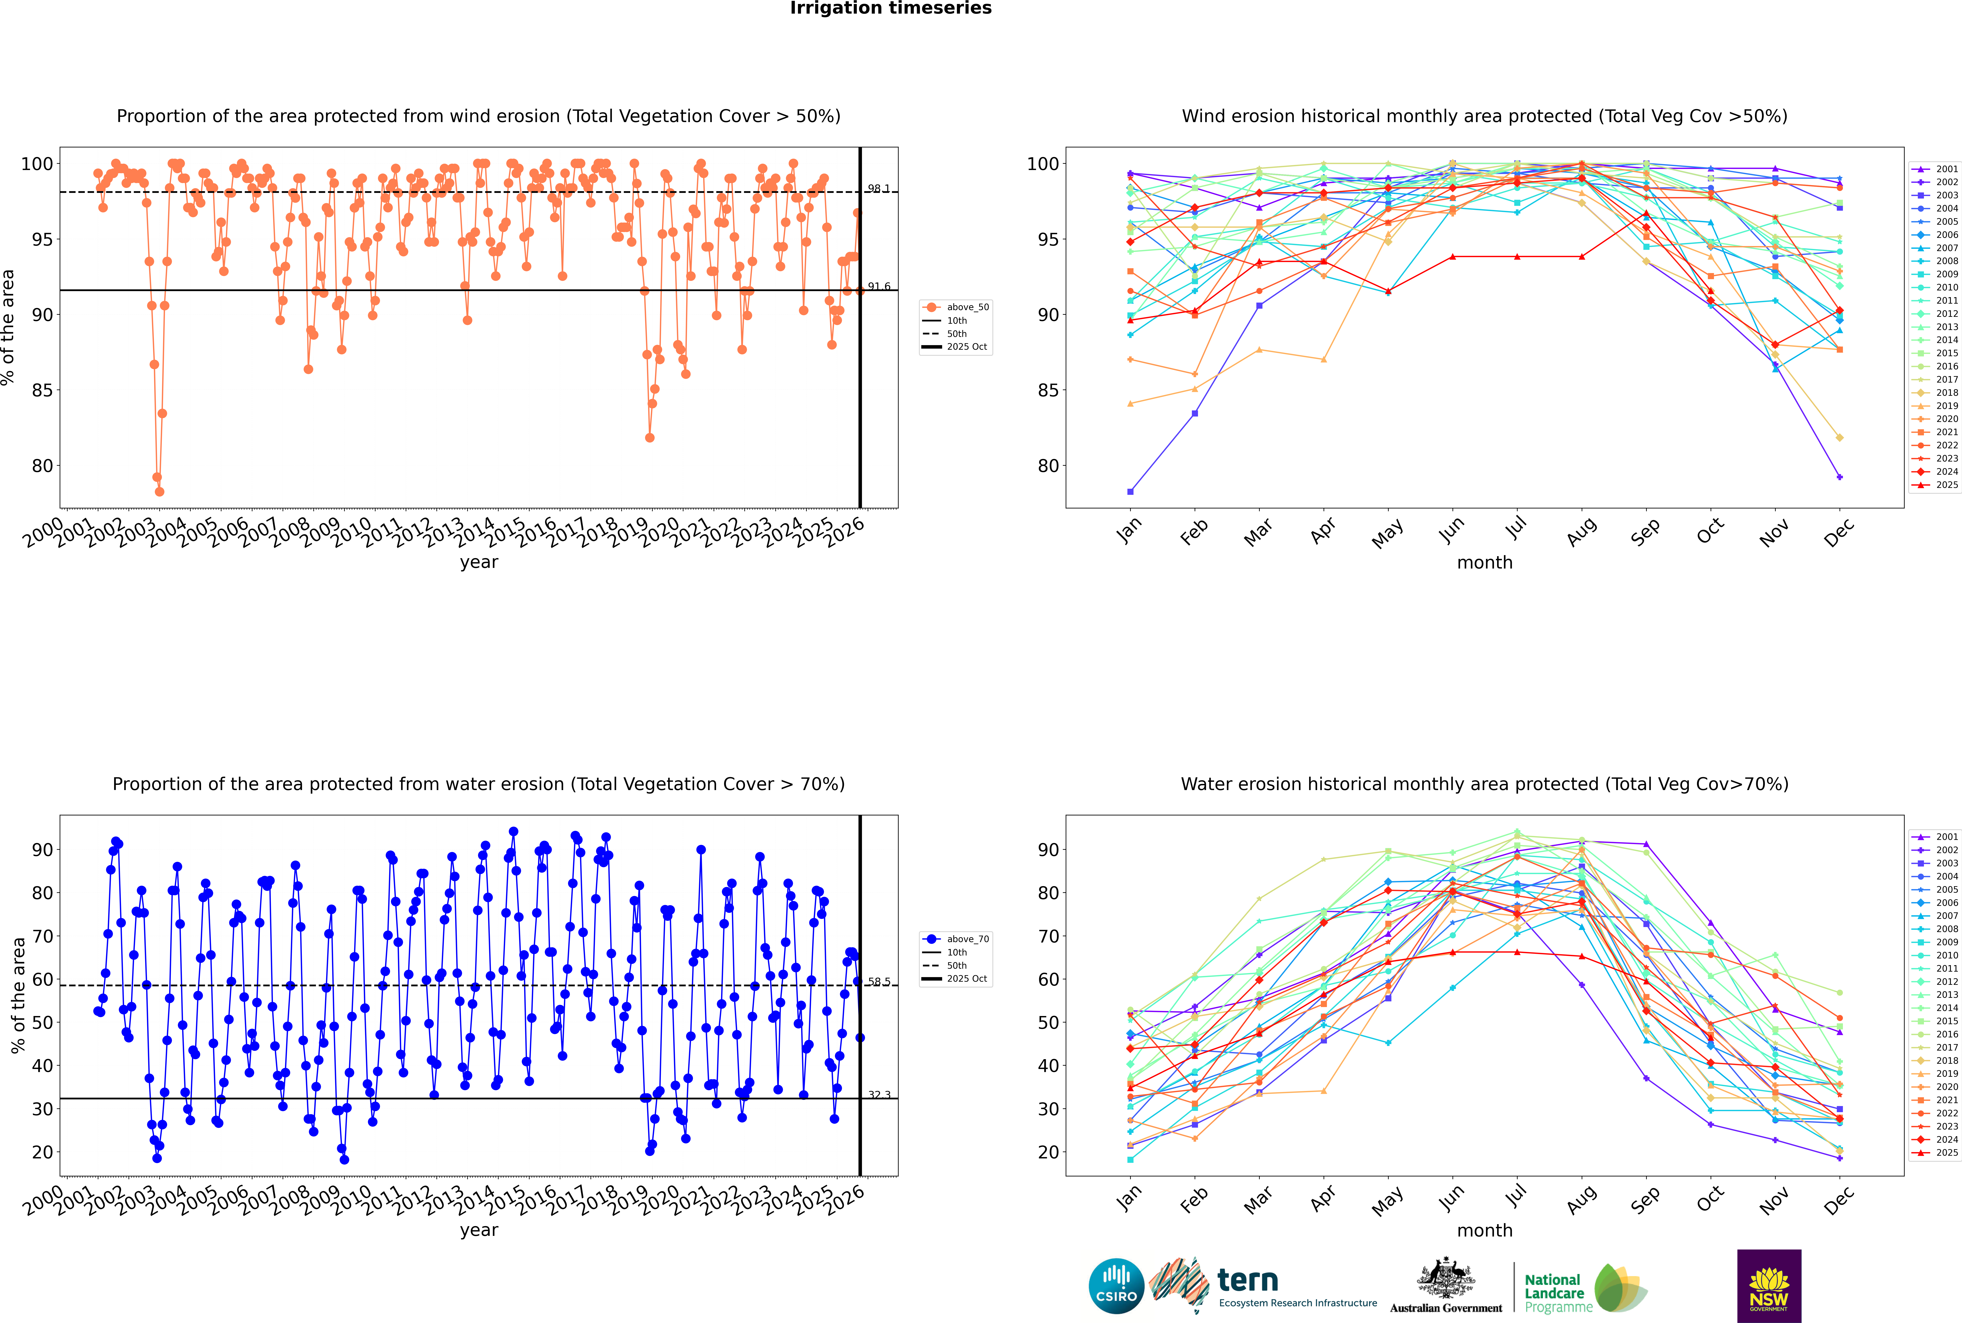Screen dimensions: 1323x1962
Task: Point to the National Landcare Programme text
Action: pyautogui.click(x=1554, y=1293)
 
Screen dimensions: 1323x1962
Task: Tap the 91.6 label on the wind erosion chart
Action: pyautogui.click(x=878, y=287)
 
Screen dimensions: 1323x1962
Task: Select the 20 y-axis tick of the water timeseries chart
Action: pyautogui.click(x=42, y=1152)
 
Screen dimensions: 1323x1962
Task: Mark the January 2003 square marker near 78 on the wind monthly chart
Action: pyautogui.click(x=1130, y=491)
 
